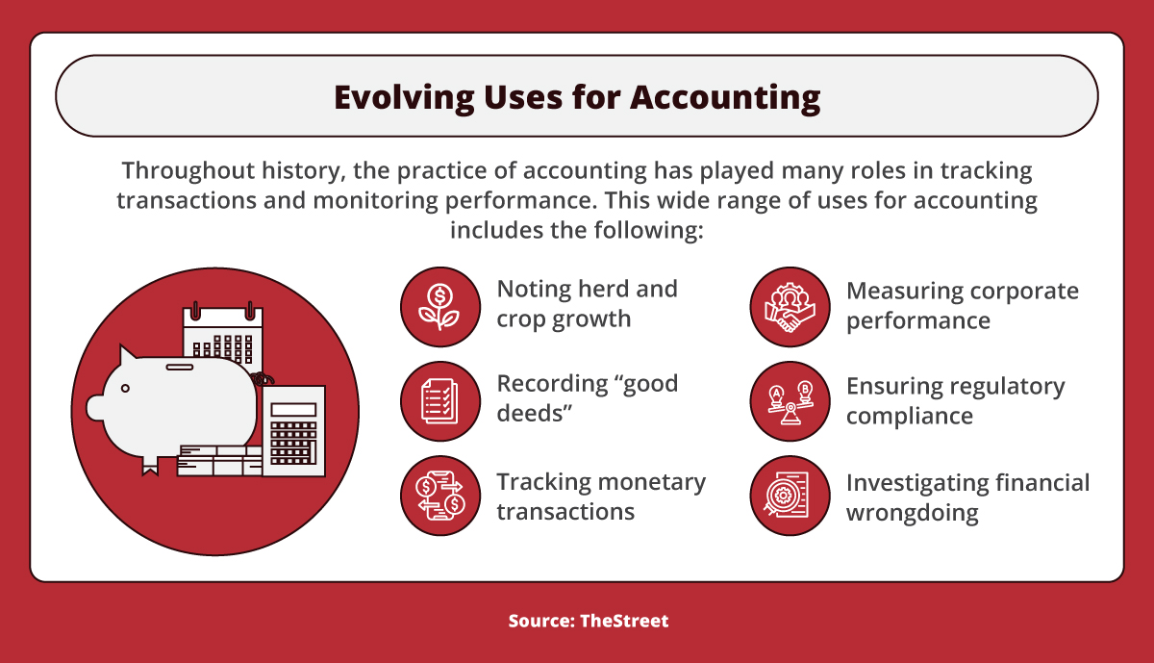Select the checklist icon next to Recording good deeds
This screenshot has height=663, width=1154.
pos(439,401)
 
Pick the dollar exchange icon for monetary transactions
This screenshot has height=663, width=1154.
pos(439,496)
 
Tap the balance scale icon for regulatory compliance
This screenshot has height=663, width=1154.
pos(790,401)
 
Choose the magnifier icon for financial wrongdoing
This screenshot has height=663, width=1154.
pos(790,496)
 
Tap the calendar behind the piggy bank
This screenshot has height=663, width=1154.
pos(223,332)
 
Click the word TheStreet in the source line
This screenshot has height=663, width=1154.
pos(624,621)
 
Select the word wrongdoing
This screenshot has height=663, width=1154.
pos(912,513)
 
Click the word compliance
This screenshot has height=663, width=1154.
pos(909,417)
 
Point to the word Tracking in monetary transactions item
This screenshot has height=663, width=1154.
pos(543,481)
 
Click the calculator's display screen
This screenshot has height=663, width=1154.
pos(293,409)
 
